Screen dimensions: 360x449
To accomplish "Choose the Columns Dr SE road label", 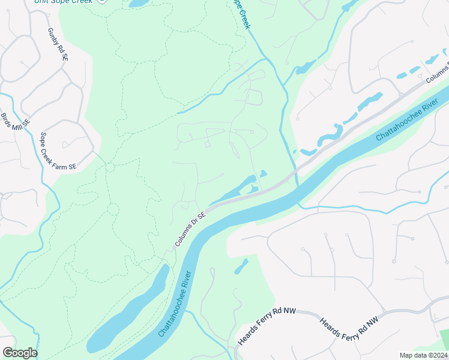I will point(190,228).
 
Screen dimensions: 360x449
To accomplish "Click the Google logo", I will point(20,353).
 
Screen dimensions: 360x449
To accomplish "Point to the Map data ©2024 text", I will point(423,355).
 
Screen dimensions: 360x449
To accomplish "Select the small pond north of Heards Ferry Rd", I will point(241,266).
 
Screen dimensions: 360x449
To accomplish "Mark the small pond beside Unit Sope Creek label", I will point(137,3).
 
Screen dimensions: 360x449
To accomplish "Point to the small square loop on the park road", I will point(208,144).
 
